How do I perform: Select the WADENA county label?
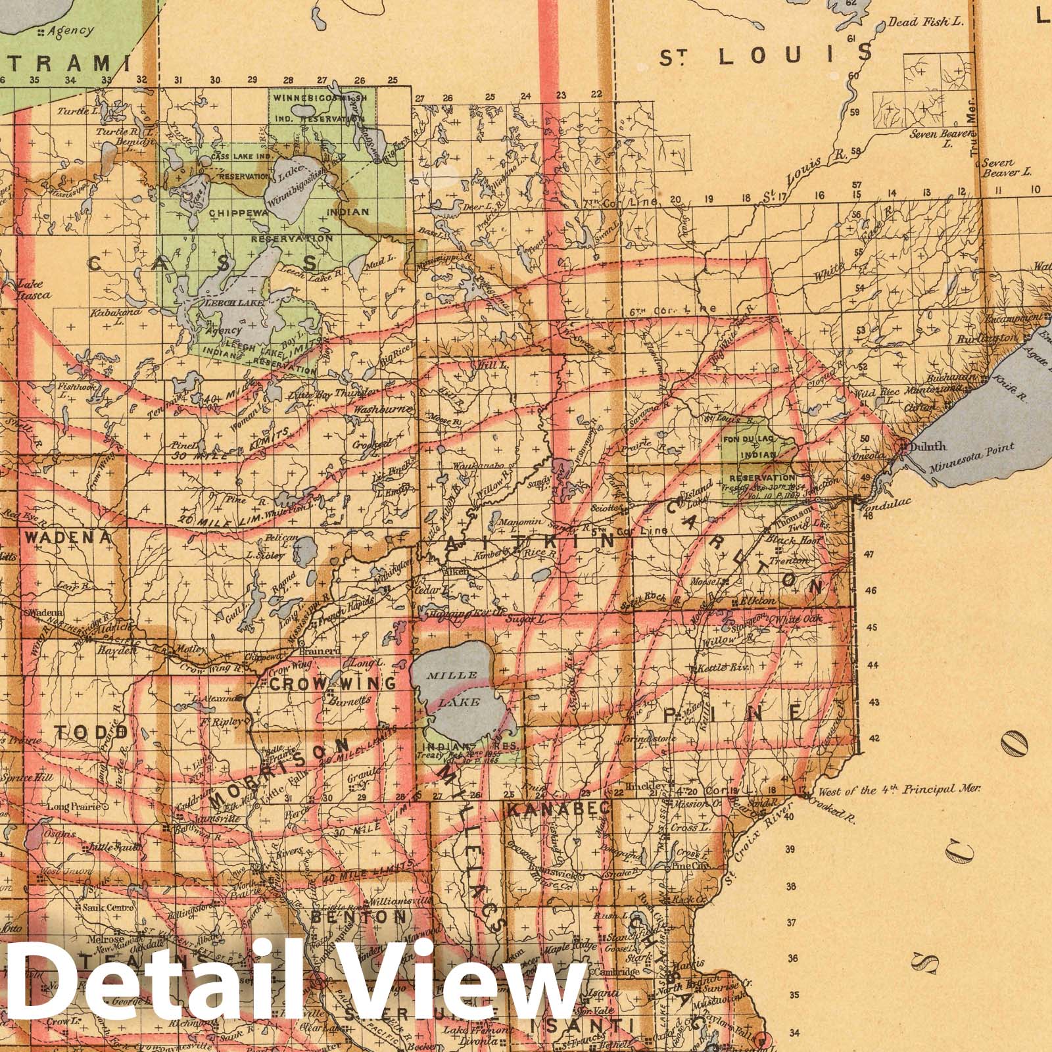68,537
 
